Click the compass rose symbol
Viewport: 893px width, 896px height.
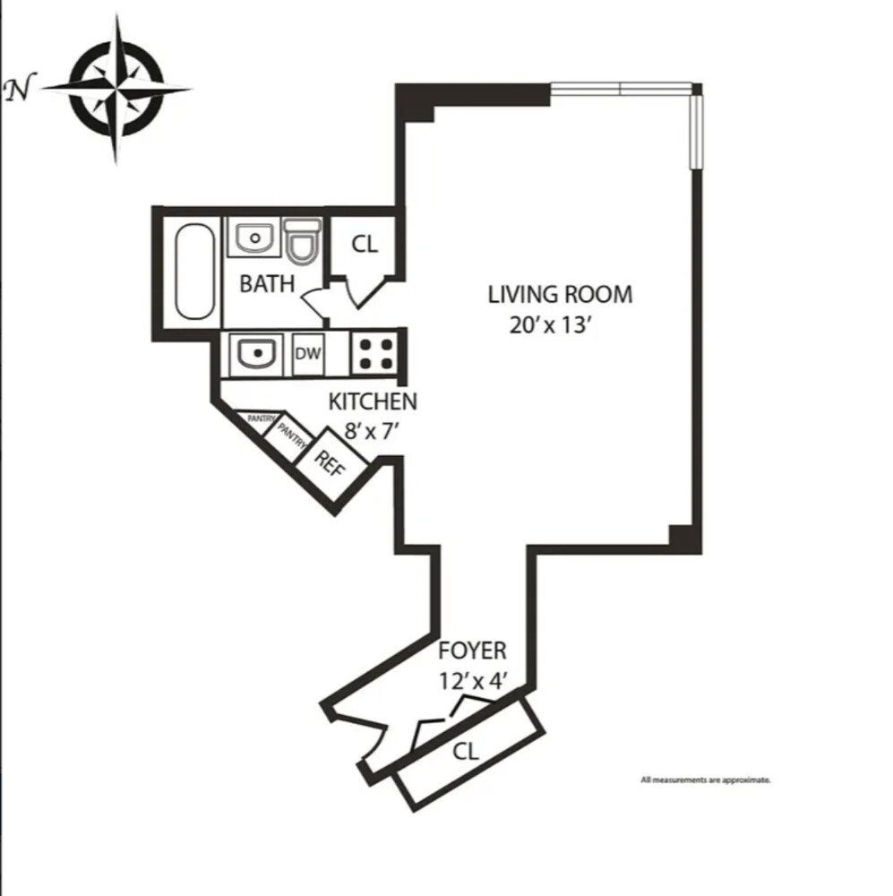point(116,89)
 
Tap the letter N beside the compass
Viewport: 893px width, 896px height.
point(20,88)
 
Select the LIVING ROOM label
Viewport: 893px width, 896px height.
point(560,294)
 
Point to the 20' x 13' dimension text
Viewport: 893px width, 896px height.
point(549,325)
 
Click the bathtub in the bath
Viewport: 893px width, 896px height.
point(195,271)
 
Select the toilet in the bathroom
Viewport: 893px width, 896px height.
point(302,241)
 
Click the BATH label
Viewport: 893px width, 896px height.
point(267,284)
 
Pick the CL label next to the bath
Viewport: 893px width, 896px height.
point(365,245)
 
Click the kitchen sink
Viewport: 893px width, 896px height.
point(256,354)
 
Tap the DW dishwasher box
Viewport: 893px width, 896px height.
point(308,354)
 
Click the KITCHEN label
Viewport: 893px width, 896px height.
point(373,401)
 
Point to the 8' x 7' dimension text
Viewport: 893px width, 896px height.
point(371,431)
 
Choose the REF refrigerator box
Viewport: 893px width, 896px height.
point(331,461)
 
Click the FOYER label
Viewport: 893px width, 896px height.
point(472,650)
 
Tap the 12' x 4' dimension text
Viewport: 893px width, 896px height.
point(473,681)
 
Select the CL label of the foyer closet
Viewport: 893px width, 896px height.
point(466,752)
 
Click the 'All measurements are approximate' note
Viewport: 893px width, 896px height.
point(706,780)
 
